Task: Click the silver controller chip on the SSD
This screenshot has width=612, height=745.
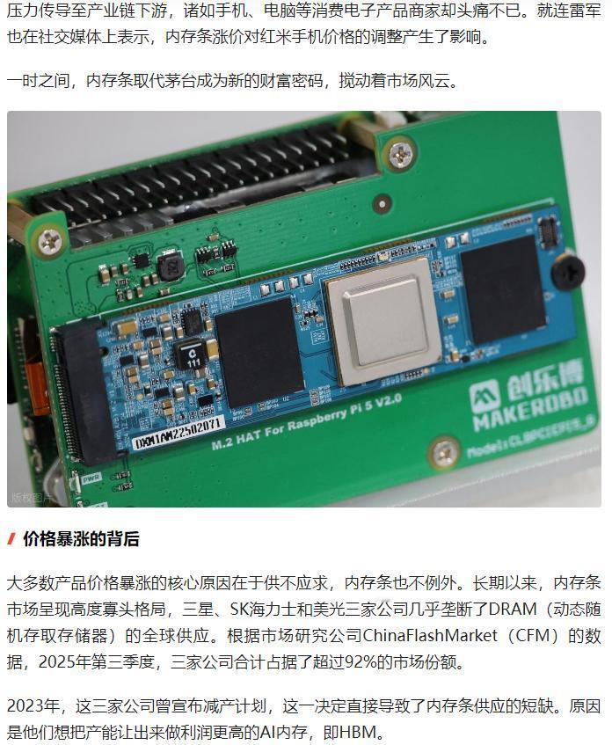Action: (383, 320)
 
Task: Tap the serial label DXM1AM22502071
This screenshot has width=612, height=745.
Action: (178, 434)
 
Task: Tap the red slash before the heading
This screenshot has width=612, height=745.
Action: (11, 539)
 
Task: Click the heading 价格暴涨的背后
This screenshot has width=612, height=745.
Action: (81, 539)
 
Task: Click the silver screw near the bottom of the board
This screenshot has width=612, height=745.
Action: (444, 452)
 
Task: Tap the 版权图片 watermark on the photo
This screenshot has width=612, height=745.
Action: (30, 497)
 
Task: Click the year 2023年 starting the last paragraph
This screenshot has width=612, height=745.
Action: (33, 705)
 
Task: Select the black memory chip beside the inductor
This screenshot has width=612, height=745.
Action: (259, 352)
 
